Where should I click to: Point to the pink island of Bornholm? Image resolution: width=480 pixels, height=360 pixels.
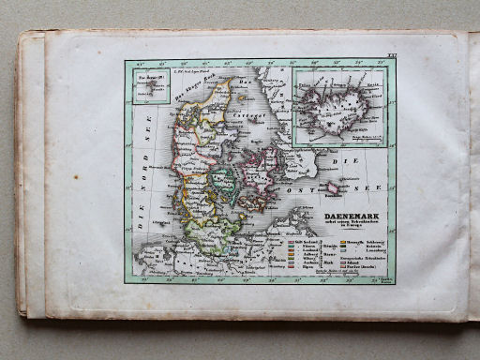point(332,188)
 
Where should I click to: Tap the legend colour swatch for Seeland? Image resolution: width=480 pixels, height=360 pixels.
point(292,242)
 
